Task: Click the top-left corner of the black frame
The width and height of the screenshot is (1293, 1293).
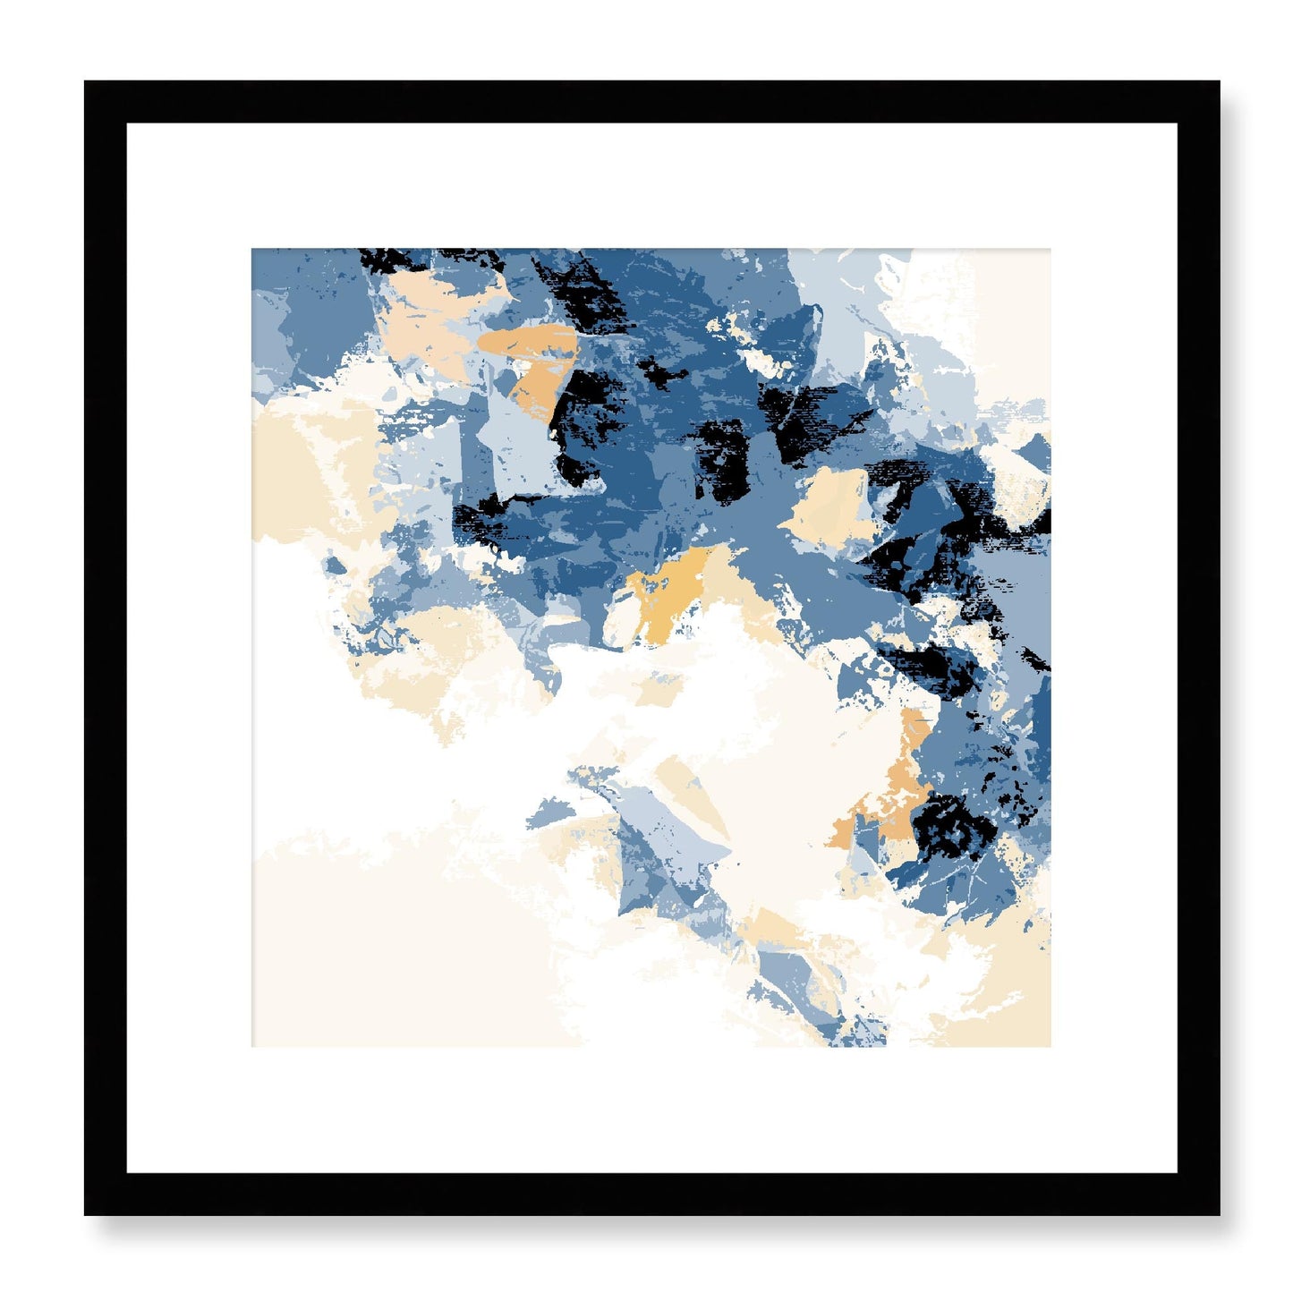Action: click(87, 83)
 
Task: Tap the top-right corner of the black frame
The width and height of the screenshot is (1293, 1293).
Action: click(1217, 83)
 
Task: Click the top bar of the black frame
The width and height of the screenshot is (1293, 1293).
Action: click(651, 101)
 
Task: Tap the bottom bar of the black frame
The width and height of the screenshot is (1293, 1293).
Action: click(651, 1194)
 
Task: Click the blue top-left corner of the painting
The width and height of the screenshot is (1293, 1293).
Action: click(255, 252)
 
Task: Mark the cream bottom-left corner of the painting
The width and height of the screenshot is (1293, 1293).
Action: click(255, 1042)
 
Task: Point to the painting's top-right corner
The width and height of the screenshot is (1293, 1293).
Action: click(1047, 252)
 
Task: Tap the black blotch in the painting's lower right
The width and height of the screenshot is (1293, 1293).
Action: click(957, 823)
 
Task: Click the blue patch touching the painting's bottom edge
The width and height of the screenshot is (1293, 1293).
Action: click(855, 1034)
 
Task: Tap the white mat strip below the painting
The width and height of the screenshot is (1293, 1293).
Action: click(651, 1110)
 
